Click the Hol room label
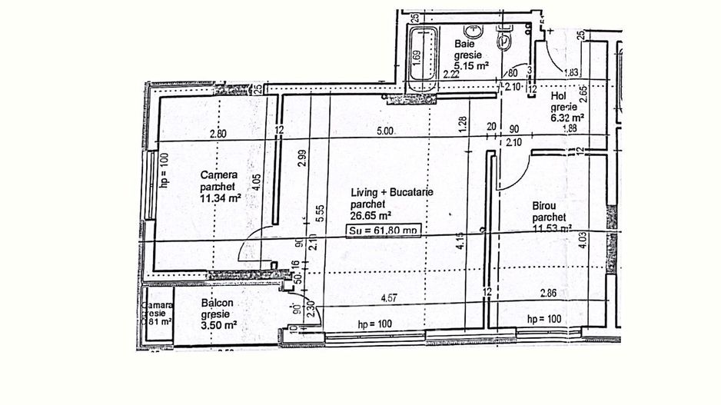pyautogui.click(x=558, y=97)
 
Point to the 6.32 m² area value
pyautogui.click(x=567, y=118)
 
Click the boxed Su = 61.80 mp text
pyautogui.click(x=384, y=229)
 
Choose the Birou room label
pyautogui.click(x=547, y=206)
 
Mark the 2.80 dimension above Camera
pyautogui.click(x=218, y=134)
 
